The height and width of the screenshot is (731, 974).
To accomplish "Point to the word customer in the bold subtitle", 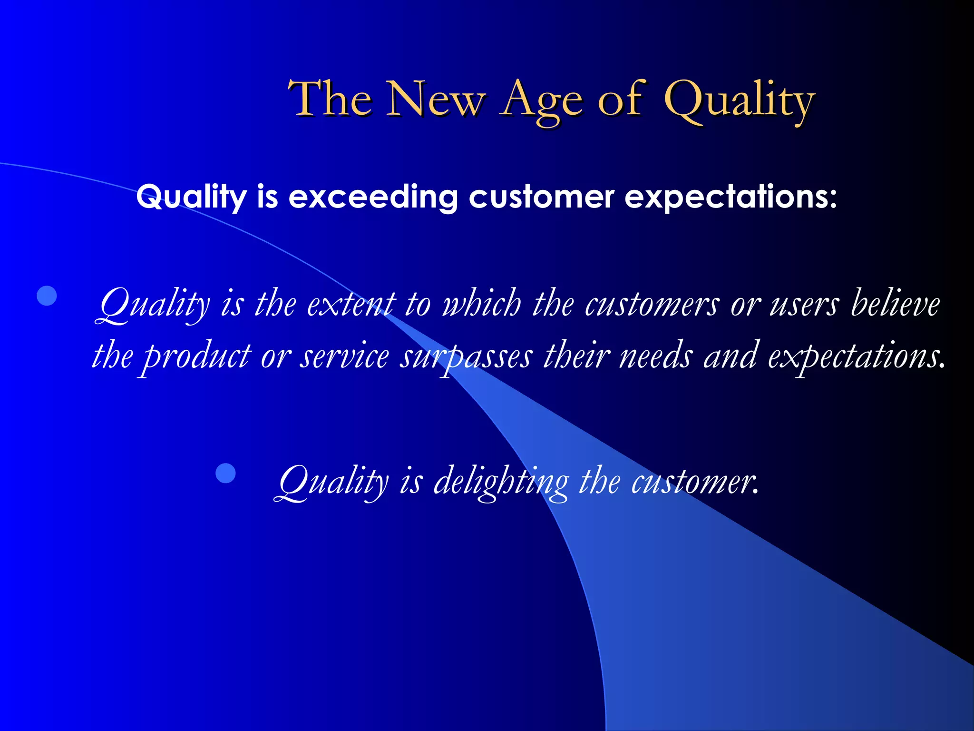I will click(542, 197).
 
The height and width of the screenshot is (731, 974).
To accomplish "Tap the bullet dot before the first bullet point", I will click(47, 296).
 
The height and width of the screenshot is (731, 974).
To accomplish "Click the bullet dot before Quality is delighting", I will click(225, 473).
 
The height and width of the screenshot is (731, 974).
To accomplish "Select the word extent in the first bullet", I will click(351, 304).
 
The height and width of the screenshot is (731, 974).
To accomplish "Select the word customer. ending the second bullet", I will click(694, 482).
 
